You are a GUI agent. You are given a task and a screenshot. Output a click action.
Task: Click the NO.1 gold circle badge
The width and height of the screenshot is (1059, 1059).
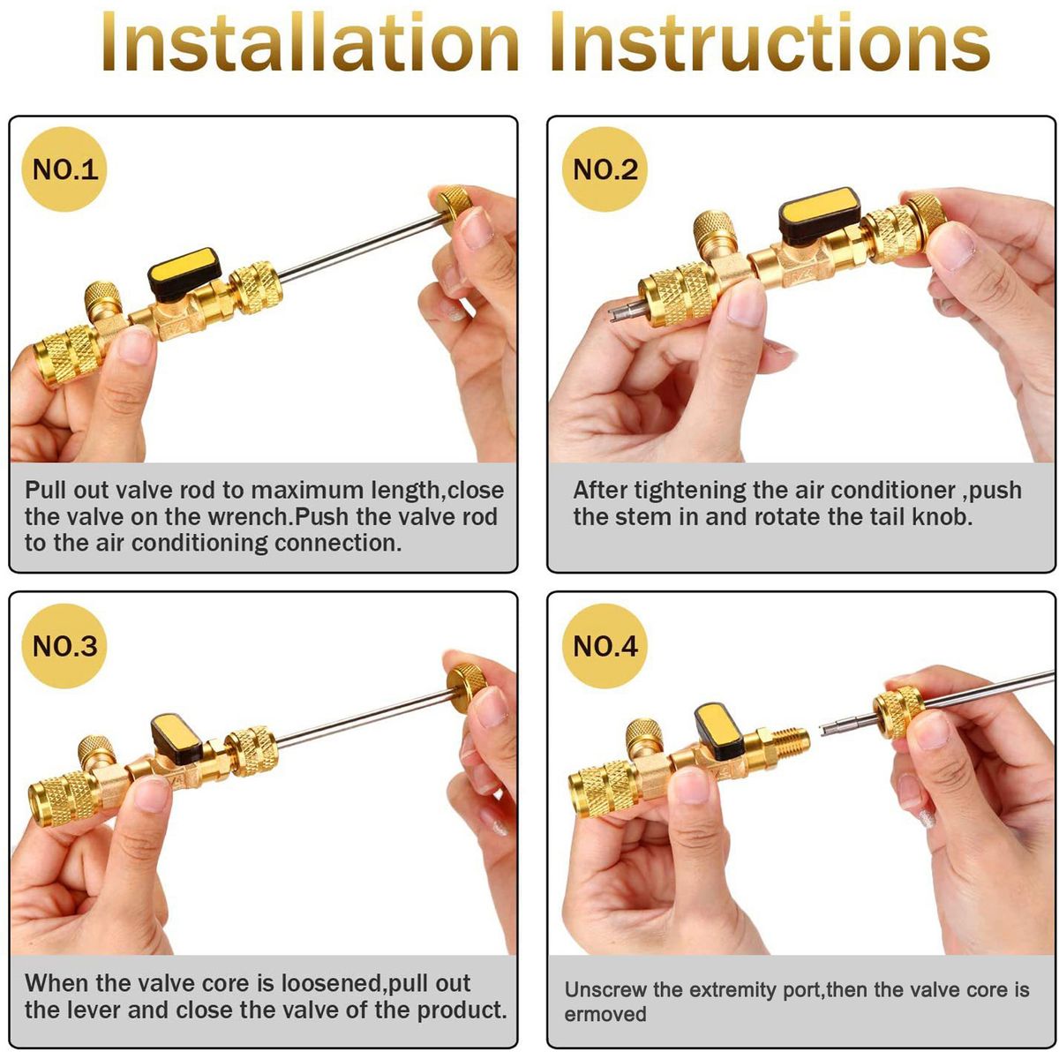coord(64,169)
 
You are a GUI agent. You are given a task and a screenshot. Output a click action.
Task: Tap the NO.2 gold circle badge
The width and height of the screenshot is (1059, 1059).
coord(605,169)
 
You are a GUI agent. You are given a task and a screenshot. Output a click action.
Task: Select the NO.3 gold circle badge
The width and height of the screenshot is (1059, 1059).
coord(64,646)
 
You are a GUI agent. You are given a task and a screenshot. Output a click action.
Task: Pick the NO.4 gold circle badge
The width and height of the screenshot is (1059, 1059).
coord(605,646)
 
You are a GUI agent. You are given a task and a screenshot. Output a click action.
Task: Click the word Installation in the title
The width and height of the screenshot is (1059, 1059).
coord(311,43)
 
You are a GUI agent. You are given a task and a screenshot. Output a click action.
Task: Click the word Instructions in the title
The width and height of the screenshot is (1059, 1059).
coord(770,43)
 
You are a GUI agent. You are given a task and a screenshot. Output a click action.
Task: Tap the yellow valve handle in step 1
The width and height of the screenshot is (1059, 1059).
coord(184,273)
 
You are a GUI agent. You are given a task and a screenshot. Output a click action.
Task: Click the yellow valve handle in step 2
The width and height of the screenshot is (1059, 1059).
coord(819,215)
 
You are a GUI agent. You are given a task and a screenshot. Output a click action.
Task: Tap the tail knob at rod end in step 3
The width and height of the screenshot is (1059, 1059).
coord(467,687)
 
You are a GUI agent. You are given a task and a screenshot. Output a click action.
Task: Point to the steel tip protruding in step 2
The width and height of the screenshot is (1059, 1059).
coord(626,312)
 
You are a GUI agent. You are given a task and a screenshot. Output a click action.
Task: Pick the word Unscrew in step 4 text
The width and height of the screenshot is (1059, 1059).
coord(607,989)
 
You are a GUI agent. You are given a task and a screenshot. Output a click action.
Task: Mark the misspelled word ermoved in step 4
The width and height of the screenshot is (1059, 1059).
coord(605,1014)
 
